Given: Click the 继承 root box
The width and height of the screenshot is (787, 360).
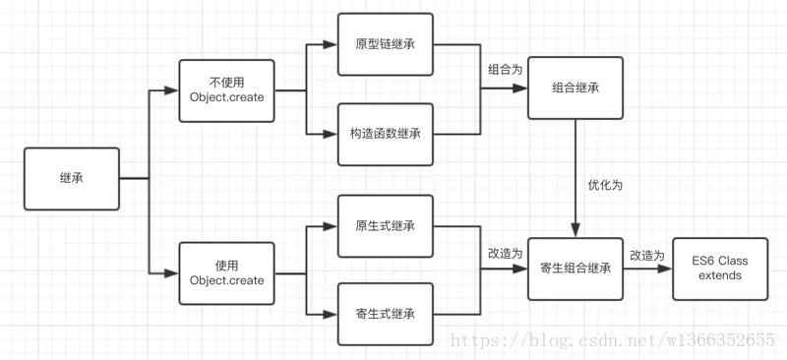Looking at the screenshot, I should coord(72,178).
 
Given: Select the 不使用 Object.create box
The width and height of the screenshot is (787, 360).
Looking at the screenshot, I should coord(226,90).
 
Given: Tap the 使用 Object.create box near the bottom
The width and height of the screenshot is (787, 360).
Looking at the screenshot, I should coord(226,272).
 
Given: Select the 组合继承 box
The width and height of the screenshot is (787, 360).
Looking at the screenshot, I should coord(575,89).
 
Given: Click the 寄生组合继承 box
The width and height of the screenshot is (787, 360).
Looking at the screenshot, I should coord(575,268).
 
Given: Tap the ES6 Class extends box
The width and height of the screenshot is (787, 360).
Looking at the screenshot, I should coord(721,268).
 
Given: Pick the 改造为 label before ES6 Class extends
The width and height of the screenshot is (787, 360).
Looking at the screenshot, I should coord(647,255).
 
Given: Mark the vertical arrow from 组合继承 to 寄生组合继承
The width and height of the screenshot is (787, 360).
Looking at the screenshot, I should coord(575,177).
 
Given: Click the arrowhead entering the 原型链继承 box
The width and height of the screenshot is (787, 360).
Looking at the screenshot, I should coord(332,45).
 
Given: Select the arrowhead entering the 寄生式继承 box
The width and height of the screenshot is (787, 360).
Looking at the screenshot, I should coord(332,314).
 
